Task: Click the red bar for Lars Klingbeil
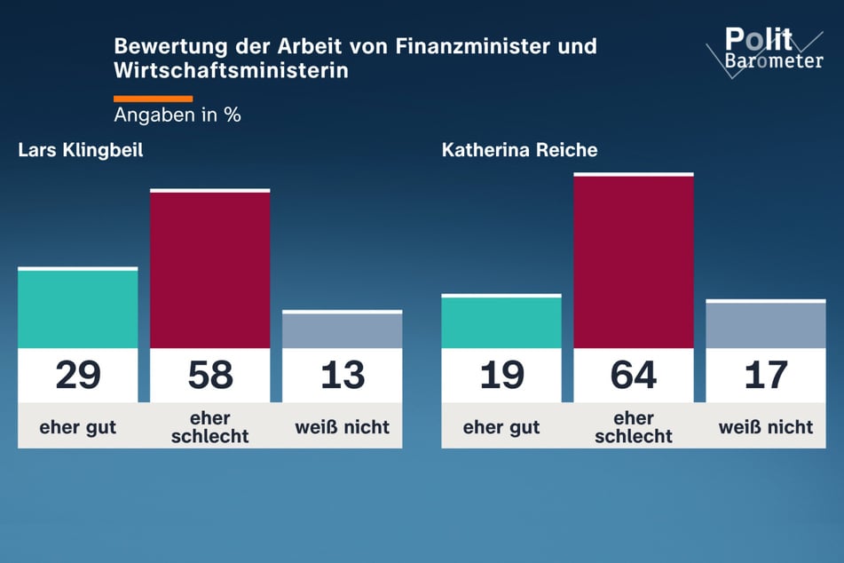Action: [x=209, y=269]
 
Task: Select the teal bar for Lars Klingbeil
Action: [x=78, y=308]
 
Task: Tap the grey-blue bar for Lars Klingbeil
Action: [x=342, y=329]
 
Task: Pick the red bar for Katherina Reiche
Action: [x=633, y=261]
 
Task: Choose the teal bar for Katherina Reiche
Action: [x=501, y=321]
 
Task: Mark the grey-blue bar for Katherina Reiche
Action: [x=765, y=324]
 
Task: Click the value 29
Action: [x=78, y=375]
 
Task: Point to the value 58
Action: [x=209, y=375]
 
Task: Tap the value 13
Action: [x=342, y=375]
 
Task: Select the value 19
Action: [x=501, y=375]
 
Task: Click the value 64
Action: [x=633, y=375]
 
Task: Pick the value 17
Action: [x=765, y=375]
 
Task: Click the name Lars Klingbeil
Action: [x=81, y=150]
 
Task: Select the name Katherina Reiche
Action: [x=519, y=150]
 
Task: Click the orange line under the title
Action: [x=153, y=98]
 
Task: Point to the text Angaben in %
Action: [x=177, y=115]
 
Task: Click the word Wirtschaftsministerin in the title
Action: [x=231, y=70]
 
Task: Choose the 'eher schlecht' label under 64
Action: [x=633, y=426]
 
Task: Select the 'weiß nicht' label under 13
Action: [x=342, y=426]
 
